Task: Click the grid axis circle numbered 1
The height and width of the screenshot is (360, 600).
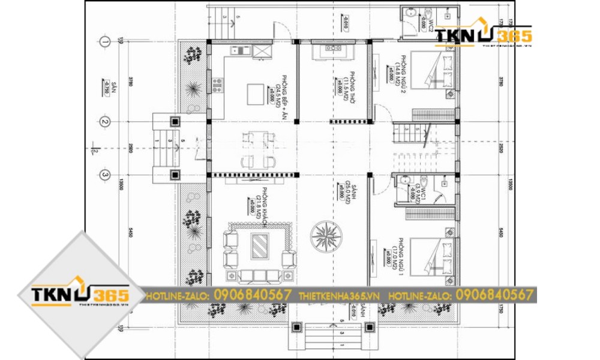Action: point(105,41)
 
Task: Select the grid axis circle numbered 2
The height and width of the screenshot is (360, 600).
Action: point(105,122)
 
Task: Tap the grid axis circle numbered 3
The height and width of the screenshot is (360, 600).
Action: point(105,175)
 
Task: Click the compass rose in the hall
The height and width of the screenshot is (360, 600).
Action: point(325,235)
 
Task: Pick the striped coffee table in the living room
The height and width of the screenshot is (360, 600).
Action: point(260,245)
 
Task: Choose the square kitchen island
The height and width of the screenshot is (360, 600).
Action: point(256,93)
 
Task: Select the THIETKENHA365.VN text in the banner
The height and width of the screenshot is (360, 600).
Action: point(340,295)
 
